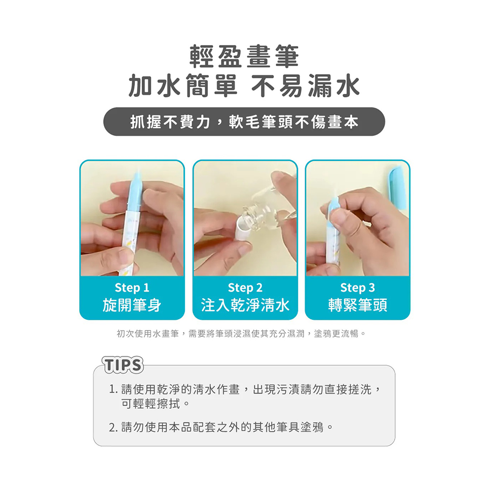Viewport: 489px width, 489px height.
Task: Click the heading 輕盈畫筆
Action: (x=244, y=56)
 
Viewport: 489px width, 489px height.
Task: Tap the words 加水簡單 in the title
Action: (x=183, y=86)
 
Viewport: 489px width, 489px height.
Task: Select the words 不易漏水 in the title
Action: (x=306, y=86)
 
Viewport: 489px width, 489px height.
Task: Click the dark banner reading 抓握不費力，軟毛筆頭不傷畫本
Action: (x=244, y=122)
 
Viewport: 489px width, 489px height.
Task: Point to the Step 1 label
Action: (x=132, y=288)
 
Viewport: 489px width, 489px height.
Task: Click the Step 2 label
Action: (x=245, y=288)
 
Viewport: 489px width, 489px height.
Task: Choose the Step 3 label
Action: (x=357, y=288)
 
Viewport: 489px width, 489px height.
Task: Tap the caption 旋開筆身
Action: (x=132, y=305)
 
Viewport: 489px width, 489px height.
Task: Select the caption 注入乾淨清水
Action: (x=245, y=305)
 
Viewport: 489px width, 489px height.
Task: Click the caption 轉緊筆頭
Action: (x=357, y=305)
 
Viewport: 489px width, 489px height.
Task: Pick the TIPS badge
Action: (x=123, y=365)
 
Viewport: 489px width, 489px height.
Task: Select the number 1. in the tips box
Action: (x=113, y=390)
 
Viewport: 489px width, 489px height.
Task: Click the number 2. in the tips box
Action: (x=113, y=427)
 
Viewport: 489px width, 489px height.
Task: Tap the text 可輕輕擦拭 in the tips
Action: (x=151, y=404)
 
